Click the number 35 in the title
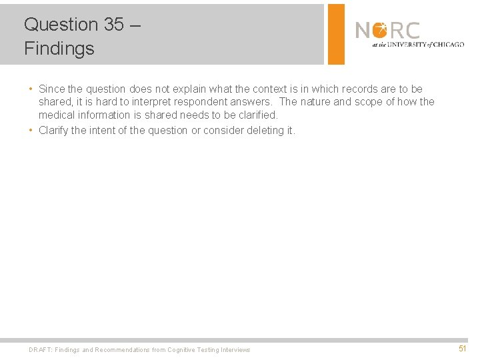click(x=113, y=25)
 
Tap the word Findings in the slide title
click(x=59, y=49)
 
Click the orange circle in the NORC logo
click(x=380, y=31)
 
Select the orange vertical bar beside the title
click(x=336, y=34)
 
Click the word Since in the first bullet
click(x=52, y=89)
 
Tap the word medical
click(x=57, y=115)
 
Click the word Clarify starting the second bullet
click(x=53, y=130)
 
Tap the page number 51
click(x=463, y=349)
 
